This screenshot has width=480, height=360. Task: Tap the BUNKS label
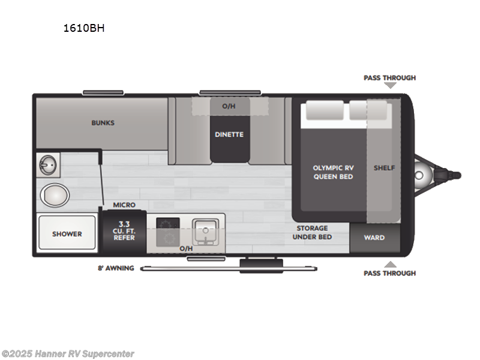click(x=103, y=123)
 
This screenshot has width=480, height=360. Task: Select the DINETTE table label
click(x=229, y=134)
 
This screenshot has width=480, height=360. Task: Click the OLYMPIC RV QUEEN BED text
click(x=333, y=172)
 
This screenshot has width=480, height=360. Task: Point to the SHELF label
click(x=384, y=167)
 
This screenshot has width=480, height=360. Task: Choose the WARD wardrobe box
click(x=374, y=238)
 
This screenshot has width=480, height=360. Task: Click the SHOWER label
click(x=67, y=234)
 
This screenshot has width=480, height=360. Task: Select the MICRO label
click(x=124, y=205)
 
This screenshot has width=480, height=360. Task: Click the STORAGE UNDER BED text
click(x=311, y=232)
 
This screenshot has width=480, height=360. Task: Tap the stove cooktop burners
click(x=167, y=224)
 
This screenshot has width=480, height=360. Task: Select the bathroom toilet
click(x=55, y=195)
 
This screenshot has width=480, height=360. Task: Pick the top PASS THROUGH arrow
click(x=391, y=86)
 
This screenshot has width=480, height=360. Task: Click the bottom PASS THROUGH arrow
click(x=391, y=264)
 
